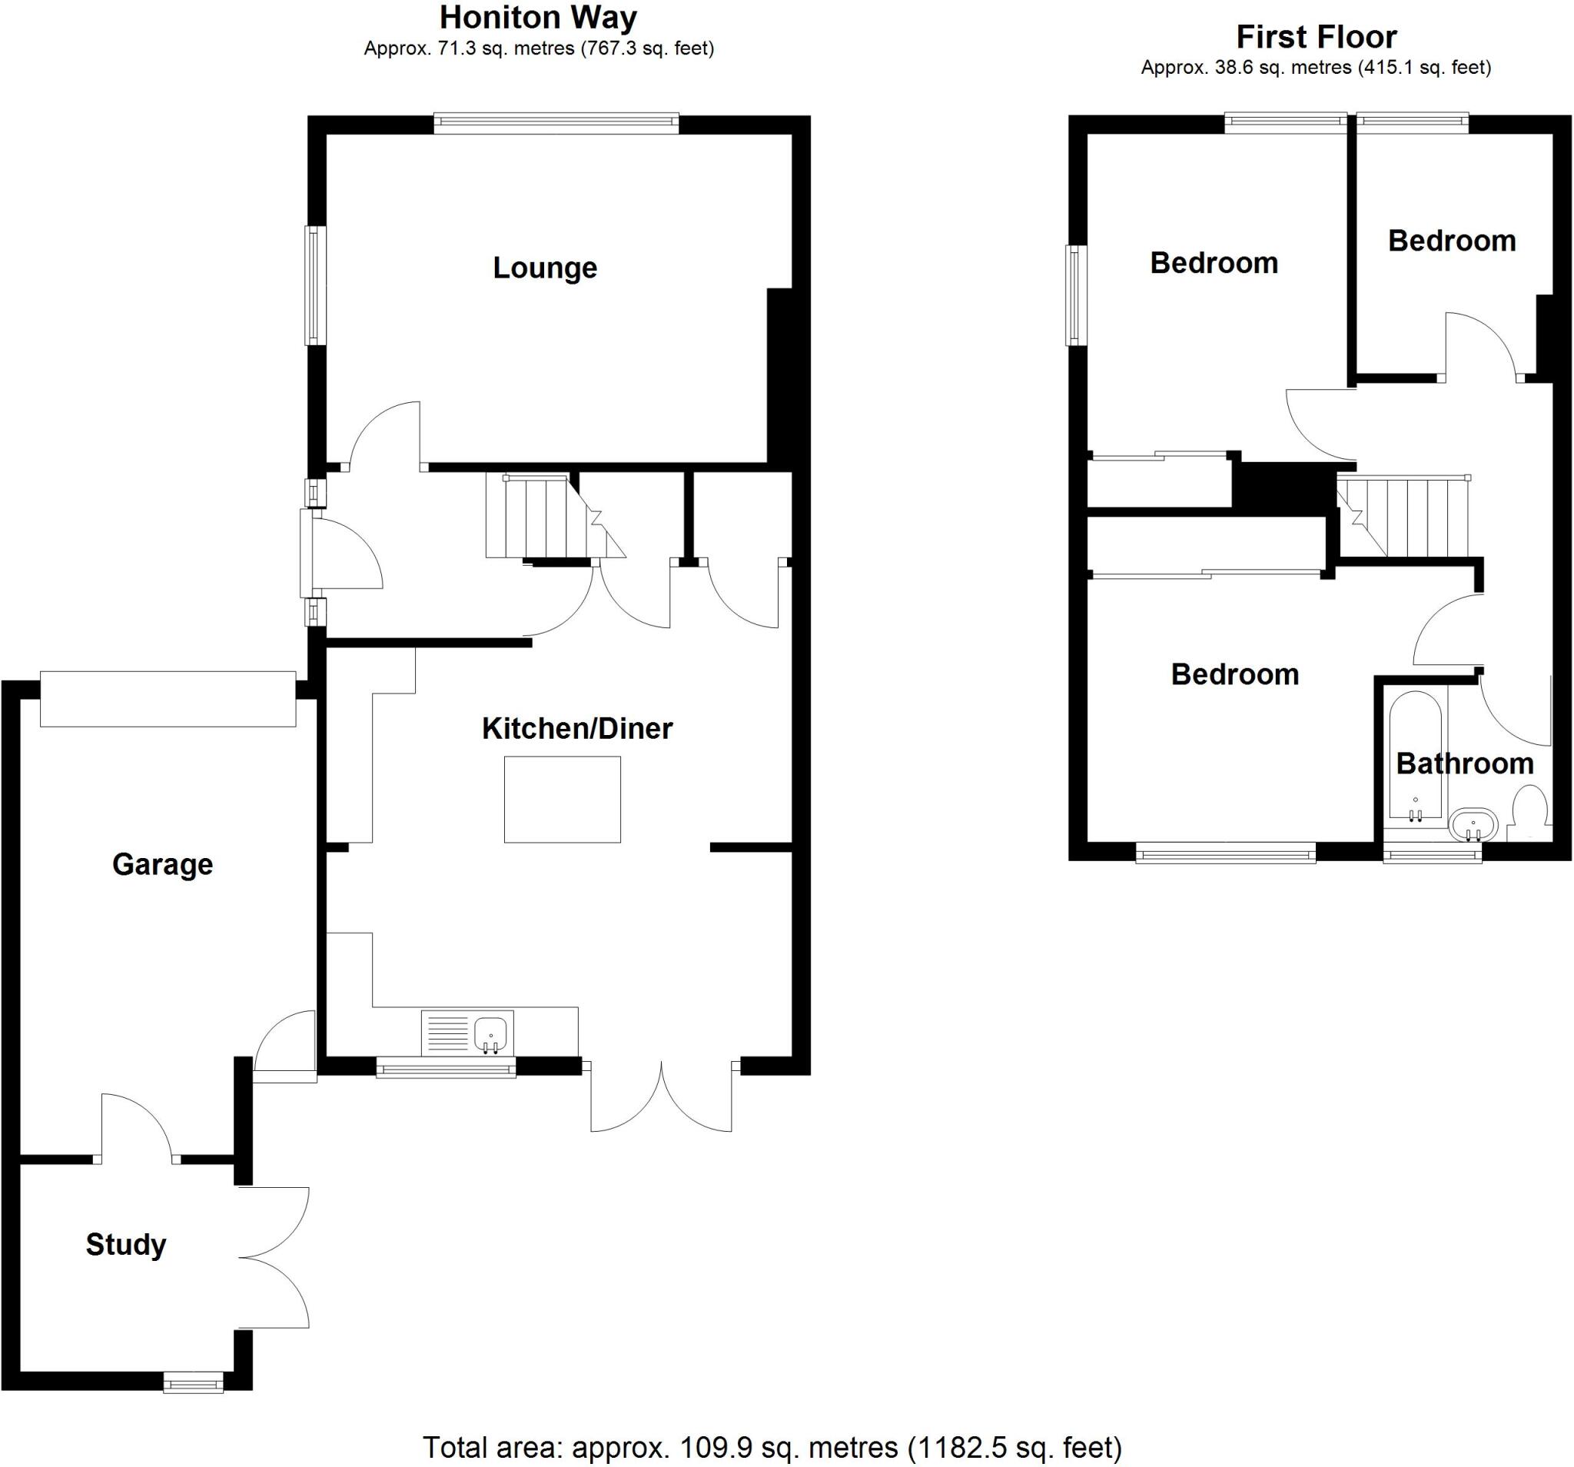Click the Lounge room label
click(x=545, y=268)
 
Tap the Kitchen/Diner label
click(x=577, y=728)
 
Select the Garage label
click(x=162, y=864)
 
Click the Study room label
click(x=126, y=1245)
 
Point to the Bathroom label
click(x=1464, y=763)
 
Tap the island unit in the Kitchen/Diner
click(x=562, y=800)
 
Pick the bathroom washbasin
click(x=1473, y=827)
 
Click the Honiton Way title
click(x=539, y=18)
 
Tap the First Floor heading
click(x=1317, y=36)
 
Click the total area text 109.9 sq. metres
click(x=772, y=1447)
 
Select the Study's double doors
click(x=274, y=1257)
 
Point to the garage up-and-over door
click(x=168, y=699)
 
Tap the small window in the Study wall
click(x=193, y=1382)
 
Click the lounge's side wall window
click(x=316, y=285)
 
